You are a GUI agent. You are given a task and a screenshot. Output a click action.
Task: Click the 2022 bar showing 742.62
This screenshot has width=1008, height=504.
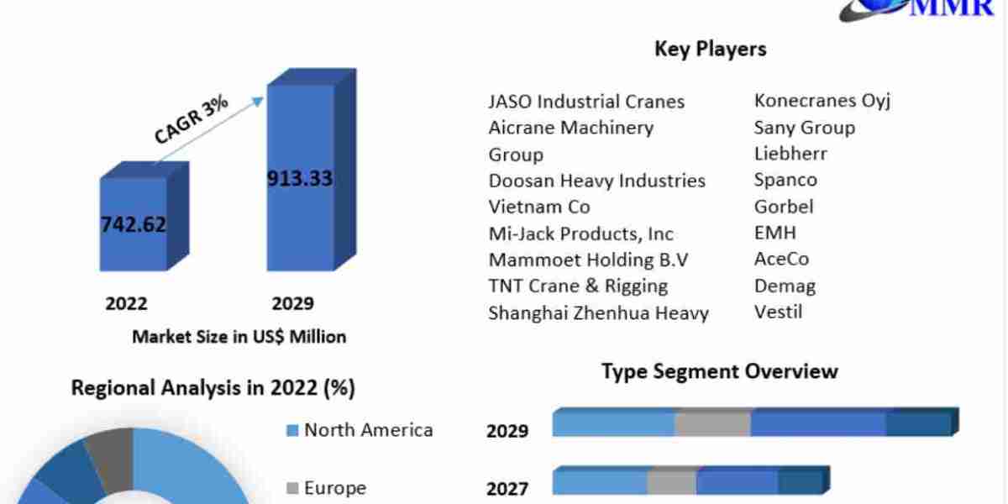click(134, 224)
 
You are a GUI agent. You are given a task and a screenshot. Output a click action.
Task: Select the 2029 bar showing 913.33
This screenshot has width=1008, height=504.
click(300, 178)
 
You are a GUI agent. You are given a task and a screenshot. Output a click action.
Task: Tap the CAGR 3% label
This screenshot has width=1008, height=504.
click(191, 120)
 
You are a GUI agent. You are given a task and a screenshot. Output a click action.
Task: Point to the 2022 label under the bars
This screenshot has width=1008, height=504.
click(126, 303)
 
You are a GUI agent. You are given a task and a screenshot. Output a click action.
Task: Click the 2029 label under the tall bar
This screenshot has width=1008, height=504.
click(292, 303)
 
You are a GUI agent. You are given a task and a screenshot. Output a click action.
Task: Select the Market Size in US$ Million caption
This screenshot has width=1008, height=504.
click(239, 337)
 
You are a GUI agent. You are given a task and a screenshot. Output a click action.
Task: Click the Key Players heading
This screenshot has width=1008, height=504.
click(710, 49)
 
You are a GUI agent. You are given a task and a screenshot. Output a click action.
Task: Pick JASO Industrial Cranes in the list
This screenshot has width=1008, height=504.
click(586, 102)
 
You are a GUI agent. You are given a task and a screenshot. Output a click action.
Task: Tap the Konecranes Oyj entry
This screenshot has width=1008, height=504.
click(822, 101)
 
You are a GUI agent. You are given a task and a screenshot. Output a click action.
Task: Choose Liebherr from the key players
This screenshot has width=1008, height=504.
click(790, 154)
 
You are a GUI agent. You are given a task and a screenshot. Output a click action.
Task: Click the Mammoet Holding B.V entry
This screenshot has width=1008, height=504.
click(588, 260)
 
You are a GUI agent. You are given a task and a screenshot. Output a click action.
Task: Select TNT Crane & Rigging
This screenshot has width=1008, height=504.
click(578, 286)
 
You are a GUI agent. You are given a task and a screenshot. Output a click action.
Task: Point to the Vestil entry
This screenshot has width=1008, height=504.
click(778, 312)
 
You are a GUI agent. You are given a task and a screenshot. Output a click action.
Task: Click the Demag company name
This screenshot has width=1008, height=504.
click(785, 286)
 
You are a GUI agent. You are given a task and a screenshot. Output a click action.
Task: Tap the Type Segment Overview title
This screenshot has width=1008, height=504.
click(719, 370)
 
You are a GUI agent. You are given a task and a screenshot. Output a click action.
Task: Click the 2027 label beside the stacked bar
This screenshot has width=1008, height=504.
click(507, 488)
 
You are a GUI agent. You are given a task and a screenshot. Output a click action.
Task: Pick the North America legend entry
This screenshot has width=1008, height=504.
click(360, 430)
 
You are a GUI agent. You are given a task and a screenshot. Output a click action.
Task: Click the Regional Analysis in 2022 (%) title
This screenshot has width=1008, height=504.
click(213, 387)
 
